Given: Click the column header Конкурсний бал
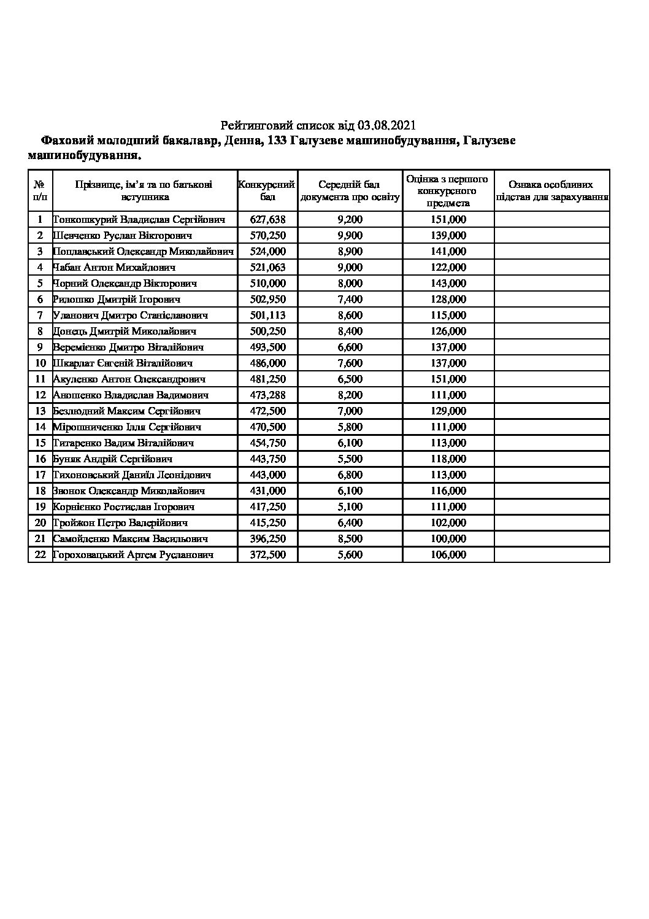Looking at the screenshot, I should click(267, 190).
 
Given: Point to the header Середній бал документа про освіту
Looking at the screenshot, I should click(350, 191).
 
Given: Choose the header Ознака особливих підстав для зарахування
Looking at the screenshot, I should click(551, 191).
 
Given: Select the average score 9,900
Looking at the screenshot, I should click(350, 236).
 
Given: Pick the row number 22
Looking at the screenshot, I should click(40, 555).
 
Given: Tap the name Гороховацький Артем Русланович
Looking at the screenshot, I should click(134, 555).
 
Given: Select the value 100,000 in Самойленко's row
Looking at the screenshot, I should click(448, 539).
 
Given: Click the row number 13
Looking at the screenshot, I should click(40, 411).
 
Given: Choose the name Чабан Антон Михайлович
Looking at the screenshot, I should click(115, 268).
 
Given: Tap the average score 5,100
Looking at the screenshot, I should click(350, 507).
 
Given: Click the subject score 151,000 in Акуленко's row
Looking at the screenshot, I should click(448, 379).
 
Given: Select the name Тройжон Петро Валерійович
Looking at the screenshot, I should click(121, 523).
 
